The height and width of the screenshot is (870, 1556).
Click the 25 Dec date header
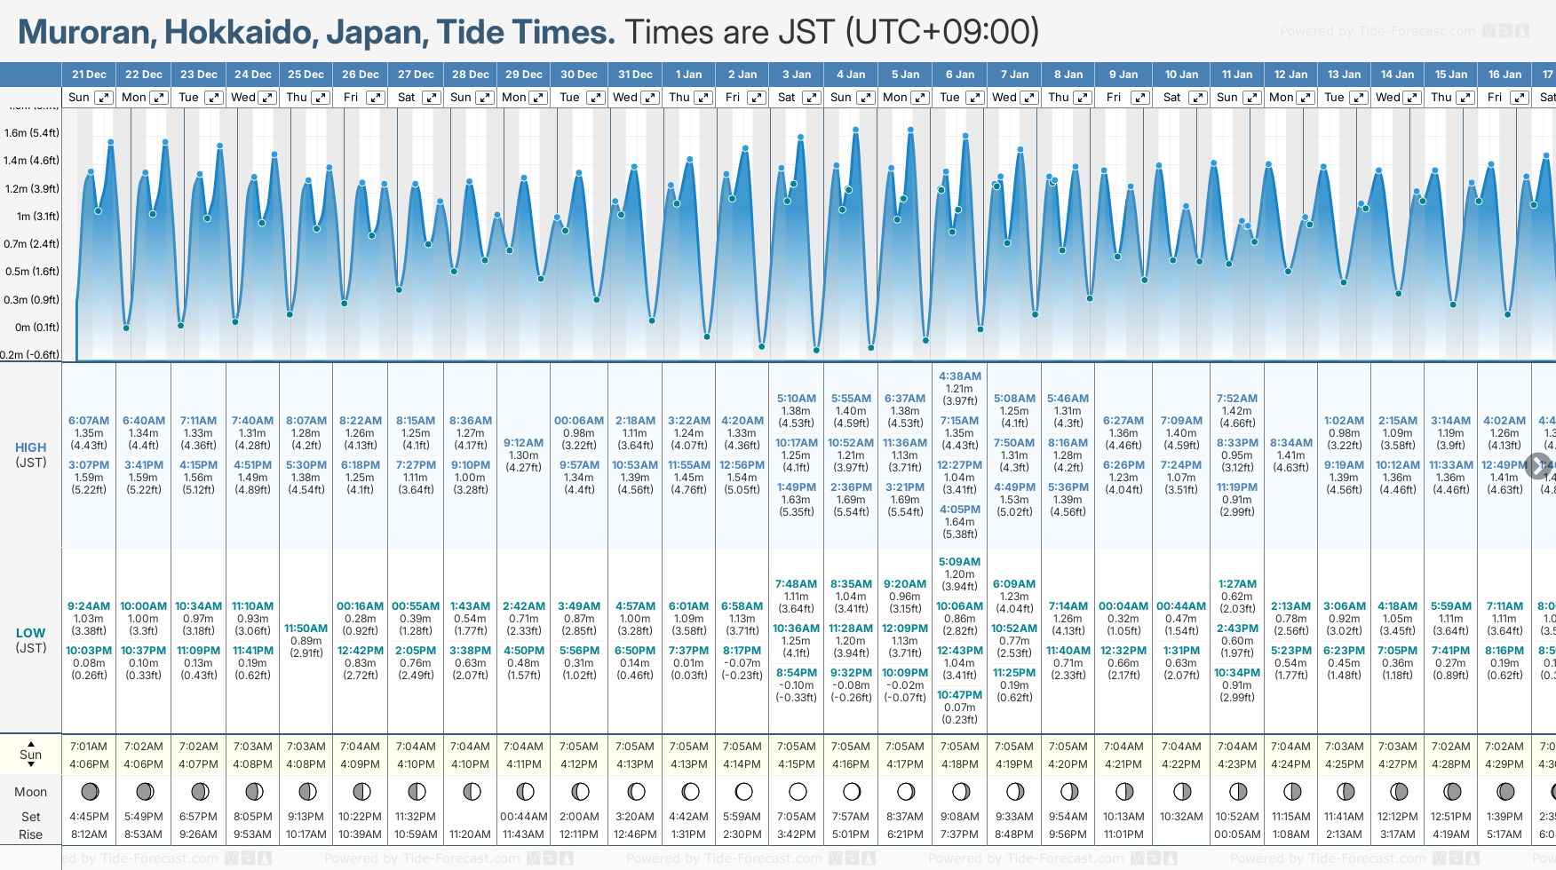306,75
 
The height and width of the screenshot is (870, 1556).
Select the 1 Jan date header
688,75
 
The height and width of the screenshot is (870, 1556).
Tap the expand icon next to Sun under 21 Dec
104,98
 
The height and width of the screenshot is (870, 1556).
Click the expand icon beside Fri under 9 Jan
1140,98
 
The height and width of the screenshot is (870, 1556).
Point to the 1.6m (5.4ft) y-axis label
31,133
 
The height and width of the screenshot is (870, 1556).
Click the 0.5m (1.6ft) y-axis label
31,272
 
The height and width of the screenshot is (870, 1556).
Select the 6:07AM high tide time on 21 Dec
89,421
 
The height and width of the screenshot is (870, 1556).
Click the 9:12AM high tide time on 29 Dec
523,443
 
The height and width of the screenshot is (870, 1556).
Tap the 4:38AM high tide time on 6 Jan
960,376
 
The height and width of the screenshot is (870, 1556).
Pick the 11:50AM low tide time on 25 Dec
306,629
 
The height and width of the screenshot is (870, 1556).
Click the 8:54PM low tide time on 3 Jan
797,673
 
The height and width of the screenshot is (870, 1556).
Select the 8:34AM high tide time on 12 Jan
1291,443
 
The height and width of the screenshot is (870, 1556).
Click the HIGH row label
31,448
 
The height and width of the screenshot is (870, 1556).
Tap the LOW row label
31,633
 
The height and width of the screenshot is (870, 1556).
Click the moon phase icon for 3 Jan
798,791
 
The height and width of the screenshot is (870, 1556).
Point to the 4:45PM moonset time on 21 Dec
89,817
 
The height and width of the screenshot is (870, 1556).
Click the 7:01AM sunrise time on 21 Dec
89,747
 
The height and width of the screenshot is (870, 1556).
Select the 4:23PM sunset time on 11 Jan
1237,764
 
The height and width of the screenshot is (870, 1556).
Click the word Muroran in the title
84,32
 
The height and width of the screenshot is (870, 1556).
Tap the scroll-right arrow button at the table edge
1538,465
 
